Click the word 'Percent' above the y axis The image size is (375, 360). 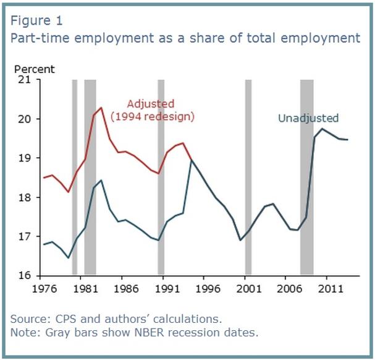point(34,69)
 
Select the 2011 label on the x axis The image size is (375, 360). point(327,288)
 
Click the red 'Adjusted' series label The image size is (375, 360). point(150,103)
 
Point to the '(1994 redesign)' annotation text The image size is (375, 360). point(152,116)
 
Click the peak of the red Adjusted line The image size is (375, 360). point(101,108)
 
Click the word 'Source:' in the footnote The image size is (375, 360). point(28,319)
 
